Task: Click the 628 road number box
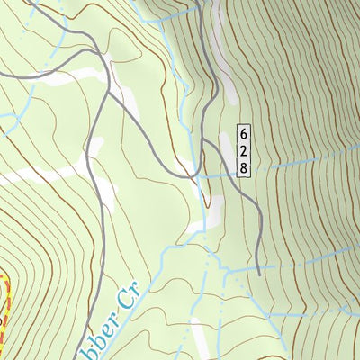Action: [x=243, y=150]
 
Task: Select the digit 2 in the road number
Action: [x=243, y=150]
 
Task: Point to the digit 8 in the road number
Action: [x=243, y=166]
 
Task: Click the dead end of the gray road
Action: [x=259, y=274]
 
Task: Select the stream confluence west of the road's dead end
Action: [x=226, y=270]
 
